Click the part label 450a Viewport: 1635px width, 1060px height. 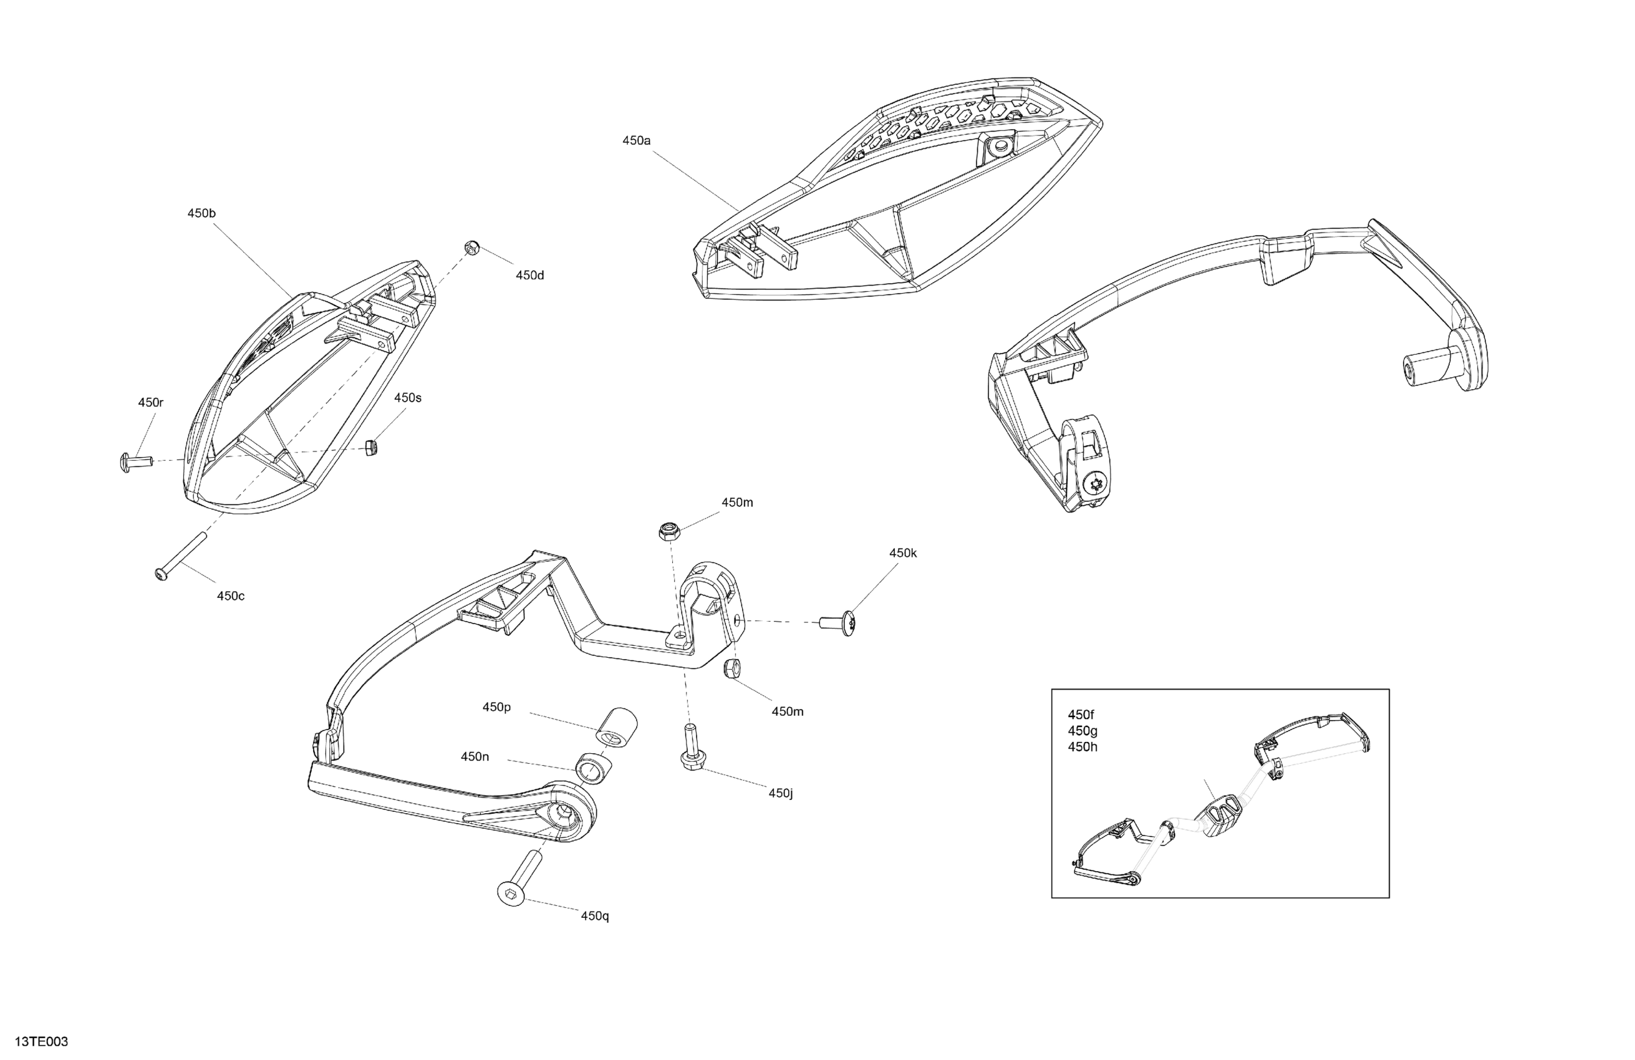tap(636, 141)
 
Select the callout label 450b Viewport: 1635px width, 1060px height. tap(201, 214)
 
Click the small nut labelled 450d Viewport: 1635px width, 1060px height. tap(471, 248)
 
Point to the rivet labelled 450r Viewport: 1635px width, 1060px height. tap(132, 461)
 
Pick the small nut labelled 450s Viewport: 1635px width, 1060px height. tap(372, 448)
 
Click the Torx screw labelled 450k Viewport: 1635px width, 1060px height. tap(840, 622)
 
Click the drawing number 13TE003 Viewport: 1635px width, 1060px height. tap(41, 1042)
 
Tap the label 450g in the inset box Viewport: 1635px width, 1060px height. tap(1082, 731)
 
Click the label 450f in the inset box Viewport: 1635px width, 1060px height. tap(1081, 715)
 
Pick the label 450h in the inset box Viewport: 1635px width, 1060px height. tap(1082, 747)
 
